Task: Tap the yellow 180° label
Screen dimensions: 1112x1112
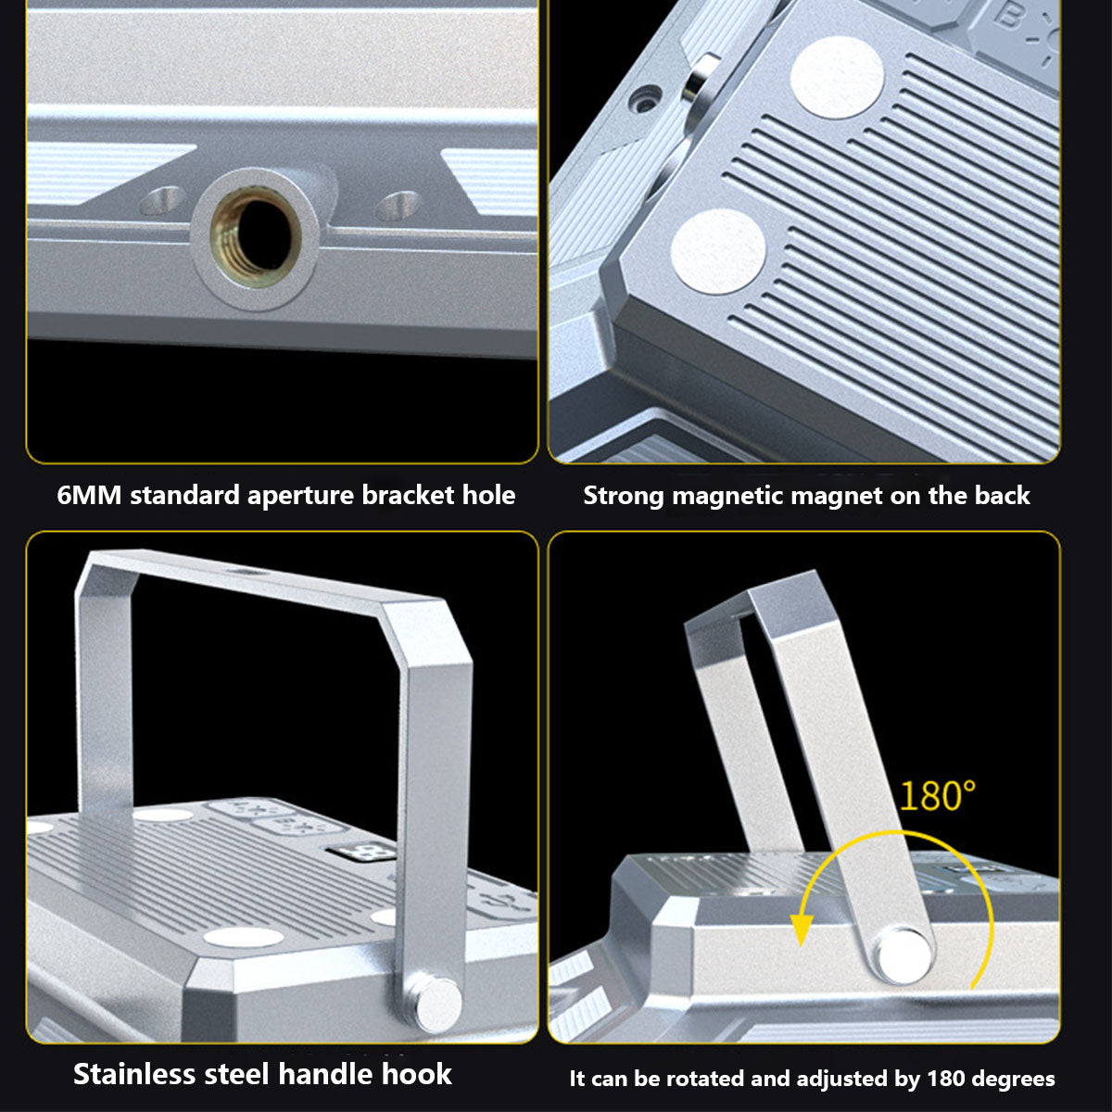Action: point(937,796)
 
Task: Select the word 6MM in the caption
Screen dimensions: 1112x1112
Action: point(90,495)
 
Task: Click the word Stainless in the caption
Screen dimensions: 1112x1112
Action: point(134,1074)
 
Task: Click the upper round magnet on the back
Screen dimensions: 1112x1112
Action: point(837,77)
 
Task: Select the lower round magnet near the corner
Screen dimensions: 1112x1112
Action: point(718,252)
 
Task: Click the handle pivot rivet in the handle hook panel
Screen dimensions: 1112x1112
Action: point(438,1005)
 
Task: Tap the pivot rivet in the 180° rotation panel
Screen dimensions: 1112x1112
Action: point(903,954)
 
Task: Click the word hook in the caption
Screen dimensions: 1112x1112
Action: point(417,1074)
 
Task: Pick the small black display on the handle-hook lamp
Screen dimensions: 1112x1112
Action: point(360,852)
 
